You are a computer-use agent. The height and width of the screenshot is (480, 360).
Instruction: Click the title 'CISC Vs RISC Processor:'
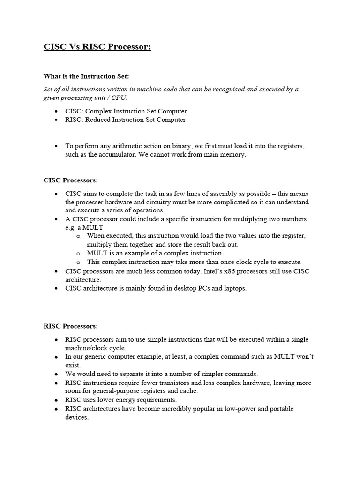[x=97, y=47]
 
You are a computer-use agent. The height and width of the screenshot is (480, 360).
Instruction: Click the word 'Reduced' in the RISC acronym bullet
[x=98, y=120]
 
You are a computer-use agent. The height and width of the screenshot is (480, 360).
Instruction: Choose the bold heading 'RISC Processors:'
[x=70, y=326]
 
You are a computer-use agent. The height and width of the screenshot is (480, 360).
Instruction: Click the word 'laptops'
[x=234, y=288]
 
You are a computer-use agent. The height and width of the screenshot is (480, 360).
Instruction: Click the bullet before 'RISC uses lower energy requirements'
[x=56, y=400]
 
